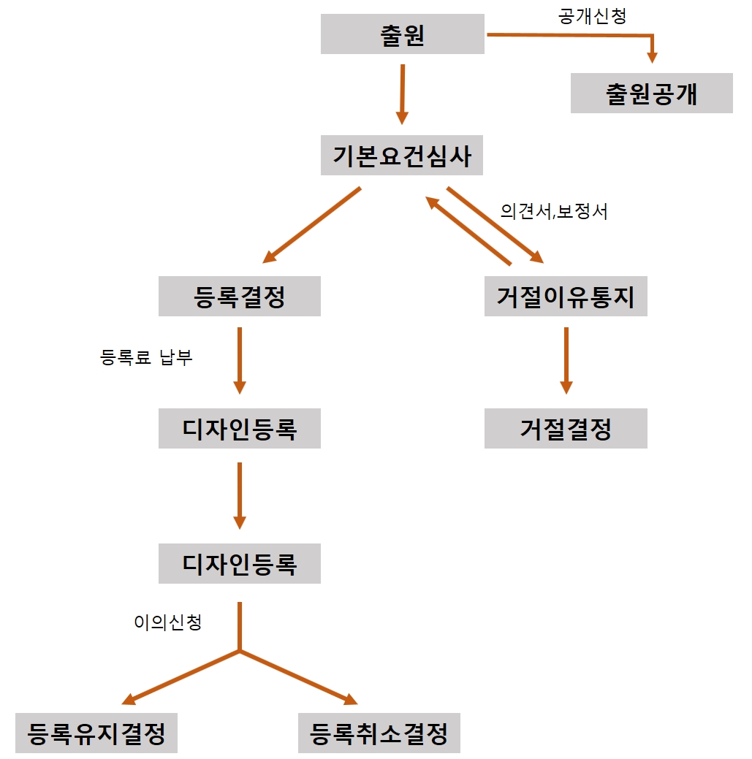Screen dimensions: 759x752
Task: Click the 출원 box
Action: pos(402,34)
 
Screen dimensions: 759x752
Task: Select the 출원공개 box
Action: pos(651,94)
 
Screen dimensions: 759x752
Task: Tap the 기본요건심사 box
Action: pos(402,156)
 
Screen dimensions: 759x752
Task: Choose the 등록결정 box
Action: pos(239,296)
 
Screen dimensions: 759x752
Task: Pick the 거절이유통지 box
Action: pos(565,296)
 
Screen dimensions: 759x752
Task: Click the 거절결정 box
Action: pos(565,428)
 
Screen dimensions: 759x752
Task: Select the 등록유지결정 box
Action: pos(96,733)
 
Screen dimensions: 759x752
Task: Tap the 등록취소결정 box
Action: pos(379,733)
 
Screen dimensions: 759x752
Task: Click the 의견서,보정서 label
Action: pos(554,211)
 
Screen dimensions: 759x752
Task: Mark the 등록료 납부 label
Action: pos(146,358)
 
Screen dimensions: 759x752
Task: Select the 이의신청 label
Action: pos(167,622)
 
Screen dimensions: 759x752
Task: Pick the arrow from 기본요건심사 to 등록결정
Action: pos(313,224)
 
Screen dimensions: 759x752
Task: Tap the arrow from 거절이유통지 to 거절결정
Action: pos(565,360)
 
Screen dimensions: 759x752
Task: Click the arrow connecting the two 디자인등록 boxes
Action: pos(239,495)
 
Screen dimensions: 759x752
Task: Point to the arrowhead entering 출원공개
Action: pos(653,57)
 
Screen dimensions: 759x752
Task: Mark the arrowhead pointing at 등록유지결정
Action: pos(129,701)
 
